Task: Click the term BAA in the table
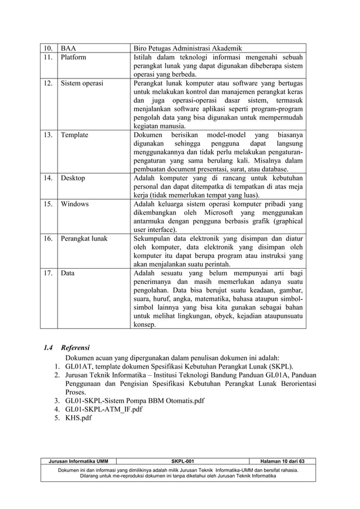click(68, 49)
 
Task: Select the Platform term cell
click(73, 57)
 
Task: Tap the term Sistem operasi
click(82, 83)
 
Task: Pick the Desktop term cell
click(73, 178)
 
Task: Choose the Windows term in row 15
click(74, 204)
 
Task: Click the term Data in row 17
click(68, 273)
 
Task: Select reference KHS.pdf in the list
click(78, 418)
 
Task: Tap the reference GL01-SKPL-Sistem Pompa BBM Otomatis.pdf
click(135, 401)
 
